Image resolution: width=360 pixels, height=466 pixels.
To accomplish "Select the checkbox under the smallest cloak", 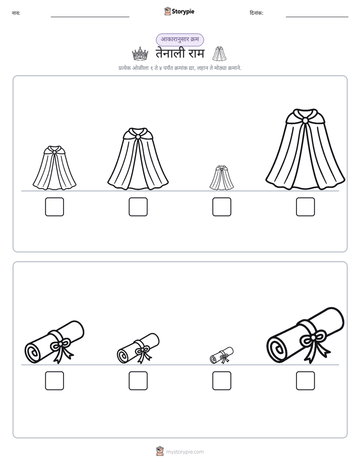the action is tap(221, 207).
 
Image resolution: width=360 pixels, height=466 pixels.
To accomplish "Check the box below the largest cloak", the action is tap(306, 207).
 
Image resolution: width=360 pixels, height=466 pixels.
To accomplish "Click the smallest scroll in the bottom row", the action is tap(221, 355).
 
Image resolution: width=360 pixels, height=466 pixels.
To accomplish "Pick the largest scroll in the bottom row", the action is tap(306, 335).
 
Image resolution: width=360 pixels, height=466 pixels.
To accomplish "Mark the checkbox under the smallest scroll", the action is tap(221, 381).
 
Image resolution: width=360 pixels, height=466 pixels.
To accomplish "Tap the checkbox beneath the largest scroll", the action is tap(306, 381).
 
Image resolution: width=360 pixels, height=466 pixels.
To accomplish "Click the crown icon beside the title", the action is tap(140, 54).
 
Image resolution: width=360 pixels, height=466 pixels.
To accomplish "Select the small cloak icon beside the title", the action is tap(219, 53).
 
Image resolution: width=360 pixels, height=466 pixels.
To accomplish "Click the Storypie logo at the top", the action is tap(179, 12).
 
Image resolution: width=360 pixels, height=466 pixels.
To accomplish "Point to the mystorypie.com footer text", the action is tap(185, 452).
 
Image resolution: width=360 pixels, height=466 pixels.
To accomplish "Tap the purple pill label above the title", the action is tap(180, 39).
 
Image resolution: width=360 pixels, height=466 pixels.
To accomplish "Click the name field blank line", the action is tap(90, 17).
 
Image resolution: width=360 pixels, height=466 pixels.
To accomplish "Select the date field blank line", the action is tap(317, 17).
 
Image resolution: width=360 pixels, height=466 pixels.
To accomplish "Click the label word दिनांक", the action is tap(256, 13).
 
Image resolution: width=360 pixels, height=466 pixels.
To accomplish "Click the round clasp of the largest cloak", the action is tap(306, 121).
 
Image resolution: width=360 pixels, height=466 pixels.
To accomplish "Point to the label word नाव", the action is tap(16, 13).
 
